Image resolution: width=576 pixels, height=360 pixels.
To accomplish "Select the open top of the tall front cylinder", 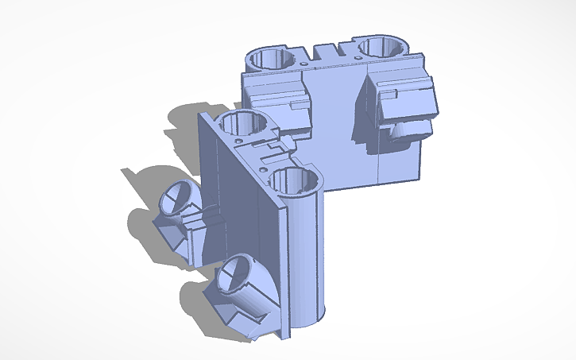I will coord(296,180).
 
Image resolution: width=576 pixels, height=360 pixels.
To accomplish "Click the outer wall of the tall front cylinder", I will coord(306,254).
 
